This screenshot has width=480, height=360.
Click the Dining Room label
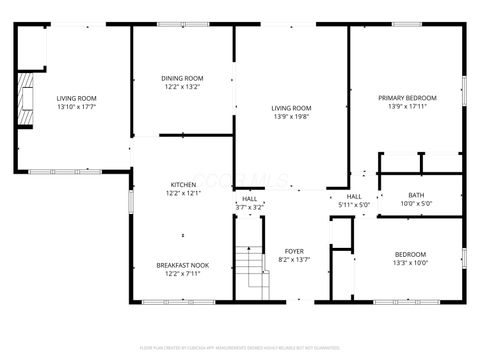pyautogui.click(x=183, y=78)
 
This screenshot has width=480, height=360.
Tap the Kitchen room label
pyautogui.click(x=183, y=185)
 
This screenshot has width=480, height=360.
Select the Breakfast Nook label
pyautogui.click(x=183, y=264)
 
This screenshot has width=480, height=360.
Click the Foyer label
pyautogui.click(x=294, y=251)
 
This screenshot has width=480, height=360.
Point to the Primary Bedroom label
pyautogui.click(x=403, y=98)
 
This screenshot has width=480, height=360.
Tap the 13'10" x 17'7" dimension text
pyautogui.click(x=76, y=106)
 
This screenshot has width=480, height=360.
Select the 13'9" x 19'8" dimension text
pyautogui.click(x=292, y=116)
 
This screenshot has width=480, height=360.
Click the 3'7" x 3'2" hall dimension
pyautogui.click(x=250, y=207)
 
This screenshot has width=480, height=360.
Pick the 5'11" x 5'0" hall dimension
pyautogui.click(x=354, y=204)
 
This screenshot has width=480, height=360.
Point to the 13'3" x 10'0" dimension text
pyautogui.click(x=409, y=263)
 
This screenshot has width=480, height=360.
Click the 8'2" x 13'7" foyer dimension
pyautogui.click(x=294, y=260)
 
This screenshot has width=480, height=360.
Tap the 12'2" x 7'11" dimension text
pyautogui.click(x=183, y=273)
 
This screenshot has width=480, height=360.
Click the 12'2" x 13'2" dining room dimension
pyautogui.click(x=183, y=87)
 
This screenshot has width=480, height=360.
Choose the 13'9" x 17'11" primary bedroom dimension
pyautogui.click(x=403, y=107)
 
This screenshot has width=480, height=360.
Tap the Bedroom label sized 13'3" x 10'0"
pyautogui.click(x=409, y=254)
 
